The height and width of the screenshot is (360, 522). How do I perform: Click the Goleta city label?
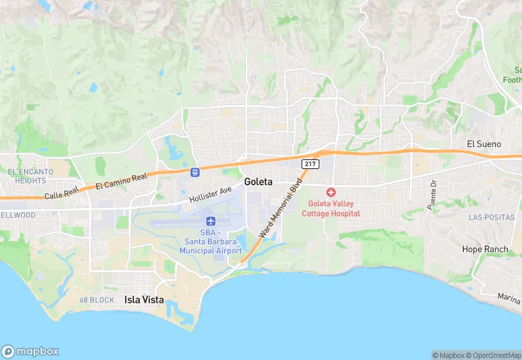coord(258,182)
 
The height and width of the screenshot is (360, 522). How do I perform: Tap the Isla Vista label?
coord(144,300)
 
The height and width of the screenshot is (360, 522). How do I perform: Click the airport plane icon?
coord(211,221)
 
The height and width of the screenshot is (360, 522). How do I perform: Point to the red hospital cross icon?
coord(331,192)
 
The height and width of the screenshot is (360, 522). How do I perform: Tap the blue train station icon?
coord(195,172)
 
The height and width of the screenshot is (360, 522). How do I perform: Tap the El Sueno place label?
coord(484,144)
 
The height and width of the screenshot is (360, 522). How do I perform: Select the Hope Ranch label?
coord(485,249)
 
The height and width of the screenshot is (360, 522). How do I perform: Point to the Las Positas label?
coord(491,217)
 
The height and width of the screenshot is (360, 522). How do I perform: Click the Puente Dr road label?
coord(432,196)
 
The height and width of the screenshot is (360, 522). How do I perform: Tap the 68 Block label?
coord(96,300)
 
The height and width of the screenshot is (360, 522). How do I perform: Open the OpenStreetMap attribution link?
coord(492,355)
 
